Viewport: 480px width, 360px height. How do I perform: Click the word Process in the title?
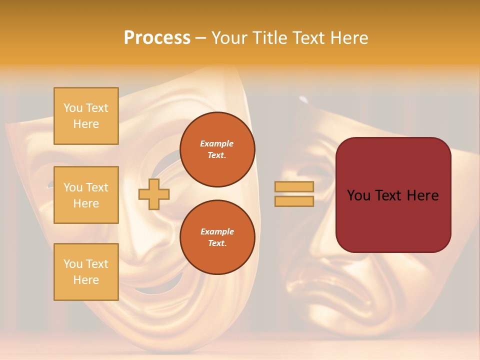[x=157, y=38]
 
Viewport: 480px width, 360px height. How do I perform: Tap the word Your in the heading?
[x=230, y=38]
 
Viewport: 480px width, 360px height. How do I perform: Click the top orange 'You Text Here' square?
[x=86, y=116]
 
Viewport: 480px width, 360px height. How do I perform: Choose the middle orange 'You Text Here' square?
[x=86, y=195]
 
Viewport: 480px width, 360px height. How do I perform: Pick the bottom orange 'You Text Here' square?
[x=86, y=272]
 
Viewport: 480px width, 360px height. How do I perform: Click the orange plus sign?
[x=154, y=194]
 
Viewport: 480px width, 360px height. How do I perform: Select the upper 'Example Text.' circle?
[x=217, y=149]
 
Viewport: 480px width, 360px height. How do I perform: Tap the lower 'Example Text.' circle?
[x=217, y=237]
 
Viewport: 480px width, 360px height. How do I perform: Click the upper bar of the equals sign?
[x=294, y=186]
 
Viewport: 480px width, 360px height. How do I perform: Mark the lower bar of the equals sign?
[x=294, y=201]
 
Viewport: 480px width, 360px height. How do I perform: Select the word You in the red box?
[x=358, y=195]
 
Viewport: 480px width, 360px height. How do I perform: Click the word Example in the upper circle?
[x=217, y=143]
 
